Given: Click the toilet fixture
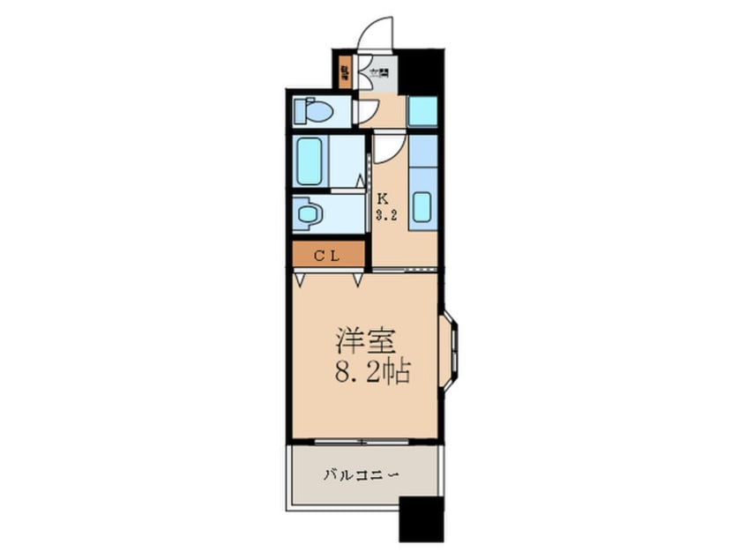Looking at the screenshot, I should click(313, 111).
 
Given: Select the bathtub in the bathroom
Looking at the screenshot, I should click(309, 160).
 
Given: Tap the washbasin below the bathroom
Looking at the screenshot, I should click(308, 213).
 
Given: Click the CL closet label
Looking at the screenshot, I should click(328, 255).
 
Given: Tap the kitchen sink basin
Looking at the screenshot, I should click(421, 207).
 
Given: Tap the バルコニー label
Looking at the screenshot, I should click(362, 474).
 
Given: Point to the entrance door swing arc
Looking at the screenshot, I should click(375, 34).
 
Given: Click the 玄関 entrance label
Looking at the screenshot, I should click(379, 73).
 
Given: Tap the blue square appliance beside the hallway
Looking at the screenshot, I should click(422, 111).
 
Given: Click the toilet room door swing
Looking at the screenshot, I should click(365, 111).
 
